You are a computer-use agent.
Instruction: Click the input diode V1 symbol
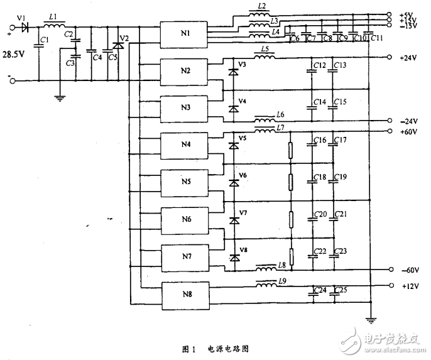coord(25,28)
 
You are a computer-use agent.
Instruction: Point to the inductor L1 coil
coord(54,27)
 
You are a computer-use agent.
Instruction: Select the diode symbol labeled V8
coord(234,257)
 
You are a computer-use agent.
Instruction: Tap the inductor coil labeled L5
coord(265,57)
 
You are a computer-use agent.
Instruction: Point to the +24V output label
coord(408,58)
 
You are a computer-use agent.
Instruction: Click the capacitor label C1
coord(43,40)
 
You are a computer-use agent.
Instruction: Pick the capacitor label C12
coord(319,65)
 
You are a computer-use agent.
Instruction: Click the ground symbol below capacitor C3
coord(58,96)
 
